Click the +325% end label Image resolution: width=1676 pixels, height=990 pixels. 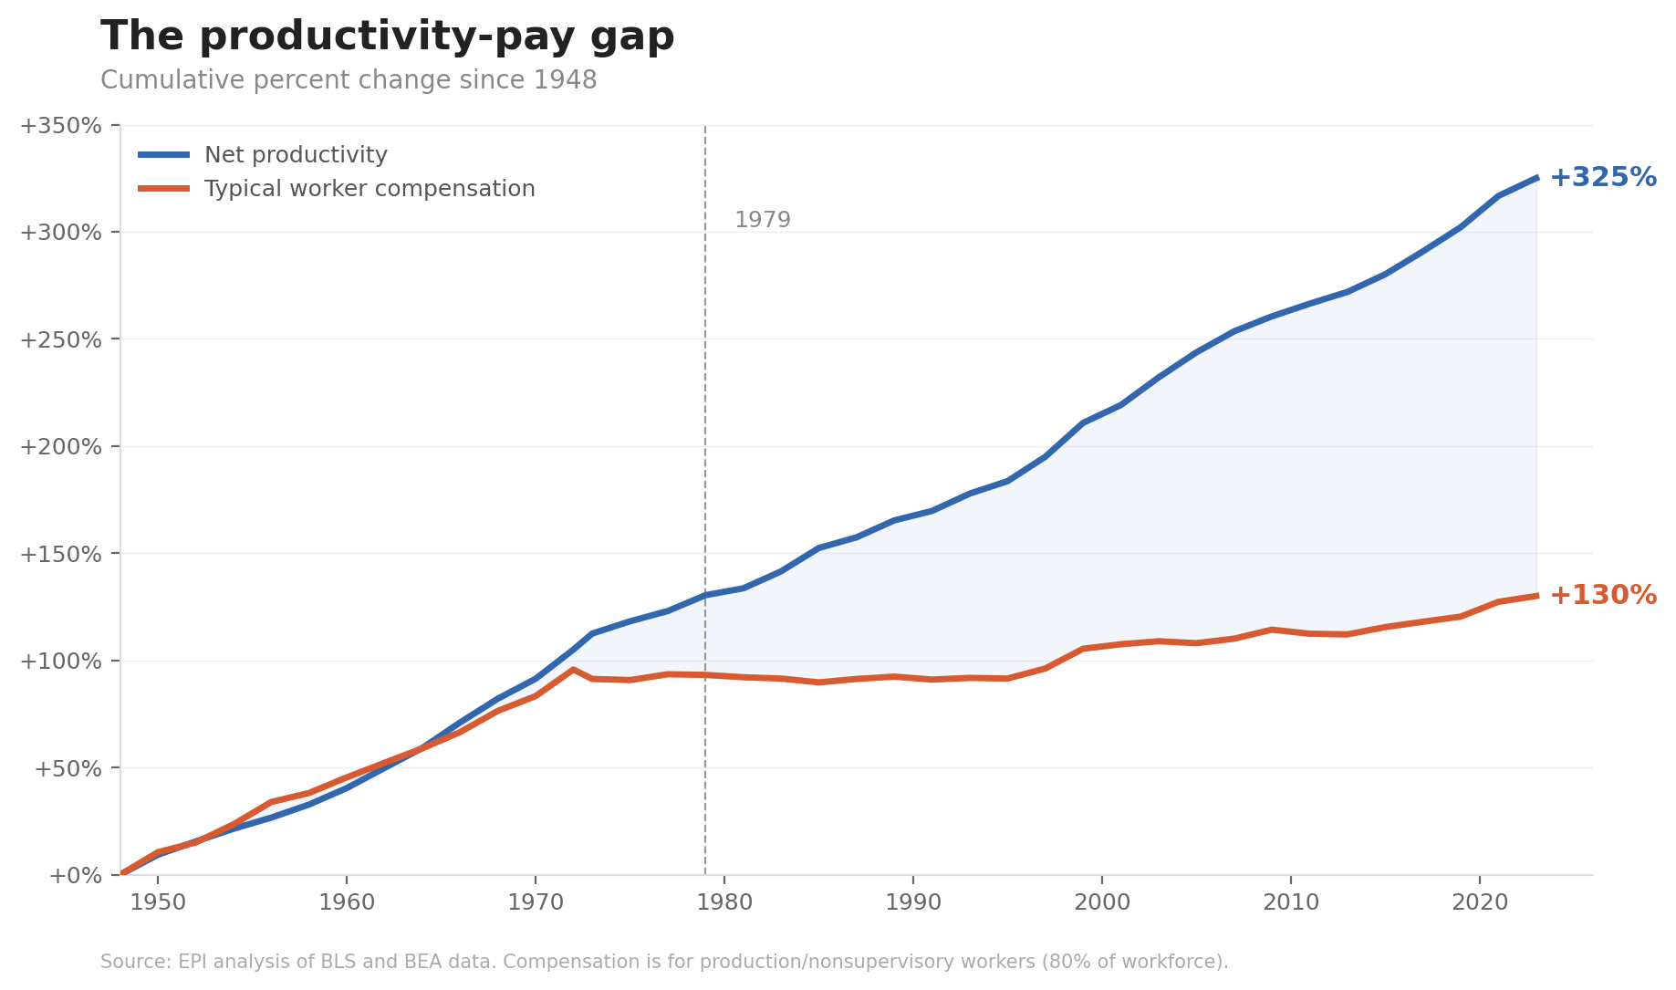click(x=1602, y=177)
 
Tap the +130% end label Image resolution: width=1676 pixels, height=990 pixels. click(x=1602, y=595)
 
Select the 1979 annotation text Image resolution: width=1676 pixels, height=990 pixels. click(x=762, y=221)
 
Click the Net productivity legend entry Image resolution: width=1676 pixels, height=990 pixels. click(x=296, y=155)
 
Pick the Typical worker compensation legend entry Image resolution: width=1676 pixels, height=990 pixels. click(x=369, y=189)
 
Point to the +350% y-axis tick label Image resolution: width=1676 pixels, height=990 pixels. click(x=60, y=125)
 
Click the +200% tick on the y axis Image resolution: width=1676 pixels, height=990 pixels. click(x=60, y=446)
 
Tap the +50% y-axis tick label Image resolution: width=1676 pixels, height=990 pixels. click(x=67, y=768)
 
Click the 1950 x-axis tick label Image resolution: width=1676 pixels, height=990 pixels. click(x=158, y=903)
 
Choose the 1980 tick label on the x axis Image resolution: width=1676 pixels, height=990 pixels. click(x=724, y=903)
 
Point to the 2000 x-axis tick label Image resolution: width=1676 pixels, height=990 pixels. click(x=1102, y=903)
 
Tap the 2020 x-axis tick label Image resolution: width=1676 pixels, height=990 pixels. click(x=1479, y=903)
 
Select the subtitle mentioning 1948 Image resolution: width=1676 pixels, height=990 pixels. click(x=349, y=80)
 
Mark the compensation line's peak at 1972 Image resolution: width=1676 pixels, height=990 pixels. click(x=573, y=669)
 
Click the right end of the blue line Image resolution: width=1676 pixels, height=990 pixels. click(x=1536, y=178)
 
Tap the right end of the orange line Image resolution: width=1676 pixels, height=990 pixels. click(x=1536, y=596)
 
